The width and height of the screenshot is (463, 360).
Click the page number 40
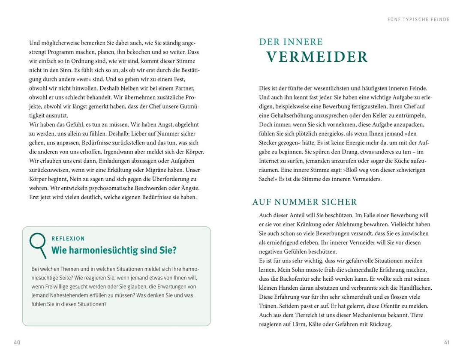[x=17, y=342]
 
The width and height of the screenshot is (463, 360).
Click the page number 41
[x=447, y=342]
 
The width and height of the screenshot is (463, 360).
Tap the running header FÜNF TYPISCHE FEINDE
[x=418, y=20]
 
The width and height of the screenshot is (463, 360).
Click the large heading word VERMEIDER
[x=317, y=57]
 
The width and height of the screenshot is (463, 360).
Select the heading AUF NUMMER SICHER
[x=305, y=202]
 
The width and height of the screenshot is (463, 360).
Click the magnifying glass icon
[x=38, y=245]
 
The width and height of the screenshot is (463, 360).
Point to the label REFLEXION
[x=68, y=239]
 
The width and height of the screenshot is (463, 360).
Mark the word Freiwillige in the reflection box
[x=49, y=286]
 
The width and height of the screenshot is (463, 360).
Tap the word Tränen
[x=268, y=306]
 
